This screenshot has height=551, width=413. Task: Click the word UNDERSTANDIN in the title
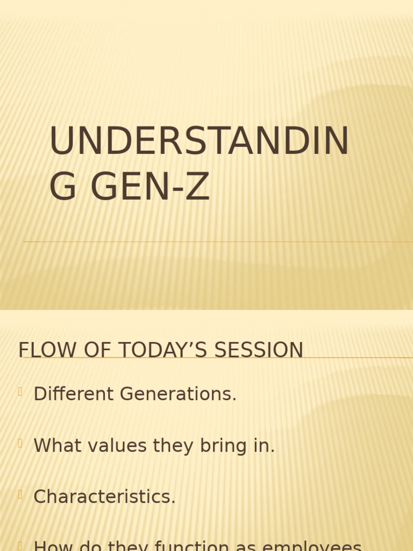199,142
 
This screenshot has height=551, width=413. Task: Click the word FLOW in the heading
40,350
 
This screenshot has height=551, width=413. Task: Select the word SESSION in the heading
259,350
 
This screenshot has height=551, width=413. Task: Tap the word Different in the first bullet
74,394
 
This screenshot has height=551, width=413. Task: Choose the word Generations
178,394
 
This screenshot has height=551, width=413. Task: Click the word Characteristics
104,497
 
